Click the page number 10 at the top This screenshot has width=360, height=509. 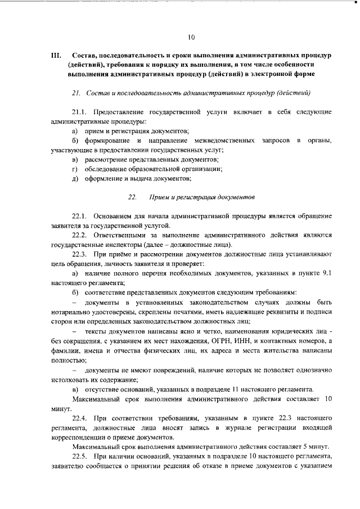tap(191, 38)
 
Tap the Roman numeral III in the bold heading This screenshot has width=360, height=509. tap(55, 56)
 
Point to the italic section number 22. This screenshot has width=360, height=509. tap(132, 197)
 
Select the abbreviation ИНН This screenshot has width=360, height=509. tap(251, 341)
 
